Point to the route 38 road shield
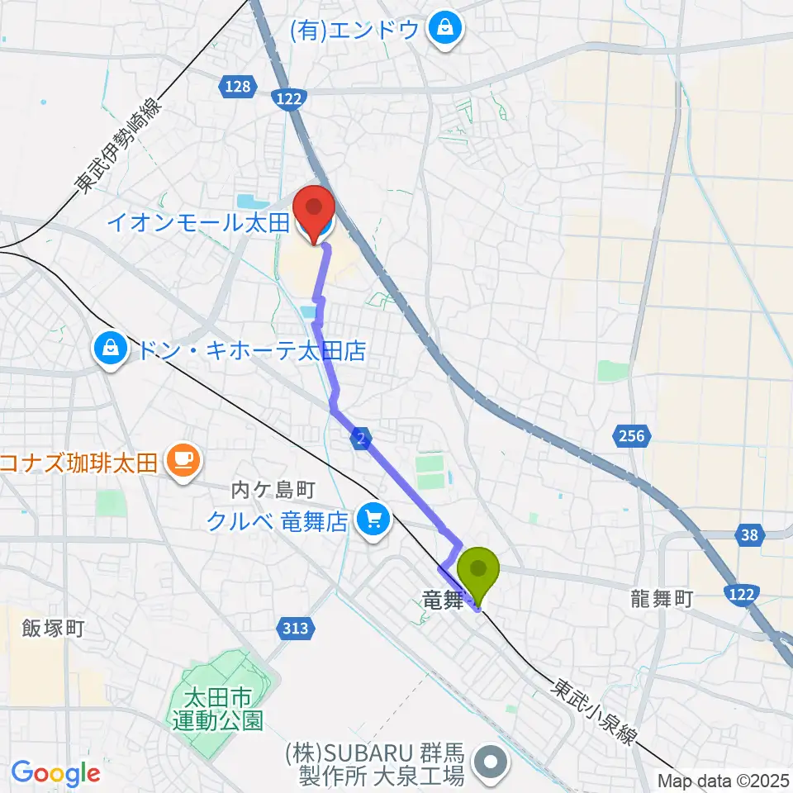(x=749, y=535)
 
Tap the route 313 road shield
(x=294, y=629)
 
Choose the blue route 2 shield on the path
(x=360, y=439)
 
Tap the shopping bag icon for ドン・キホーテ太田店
(x=110, y=350)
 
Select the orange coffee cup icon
(x=182, y=459)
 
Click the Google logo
(x=55, y=773)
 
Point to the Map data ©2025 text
(x=723, y=781)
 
